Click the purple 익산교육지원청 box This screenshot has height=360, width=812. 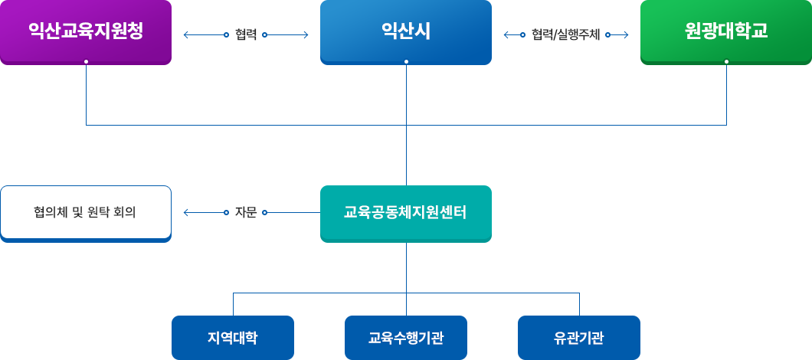[85, 31]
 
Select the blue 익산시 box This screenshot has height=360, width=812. [405, 31]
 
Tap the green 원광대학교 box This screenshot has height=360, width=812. [726, 31]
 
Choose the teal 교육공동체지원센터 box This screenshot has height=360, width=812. [405, 212]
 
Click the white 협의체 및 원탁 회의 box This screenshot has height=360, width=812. [85, 212]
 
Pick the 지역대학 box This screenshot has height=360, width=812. [232, 337]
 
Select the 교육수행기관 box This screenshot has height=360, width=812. [405, 337]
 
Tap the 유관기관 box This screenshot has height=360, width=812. [578, 337]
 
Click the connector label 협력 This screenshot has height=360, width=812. [246, 34]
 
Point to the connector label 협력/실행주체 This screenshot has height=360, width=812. [565, 34]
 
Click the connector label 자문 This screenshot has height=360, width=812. [246, 212]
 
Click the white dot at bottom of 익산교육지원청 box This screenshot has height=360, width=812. [86, 61]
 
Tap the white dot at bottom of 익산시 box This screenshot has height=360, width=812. [406, 61]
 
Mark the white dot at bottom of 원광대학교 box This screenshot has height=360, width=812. [726, 61]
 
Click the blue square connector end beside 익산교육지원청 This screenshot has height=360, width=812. [185, 34]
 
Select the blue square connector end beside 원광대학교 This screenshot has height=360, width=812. [626, 34]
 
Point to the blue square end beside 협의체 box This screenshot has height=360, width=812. [185, 212]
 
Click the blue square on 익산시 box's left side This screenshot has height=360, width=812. [306, 34]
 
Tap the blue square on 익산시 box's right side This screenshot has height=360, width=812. [506, 34]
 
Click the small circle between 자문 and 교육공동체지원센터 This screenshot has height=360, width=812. [264, 212]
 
